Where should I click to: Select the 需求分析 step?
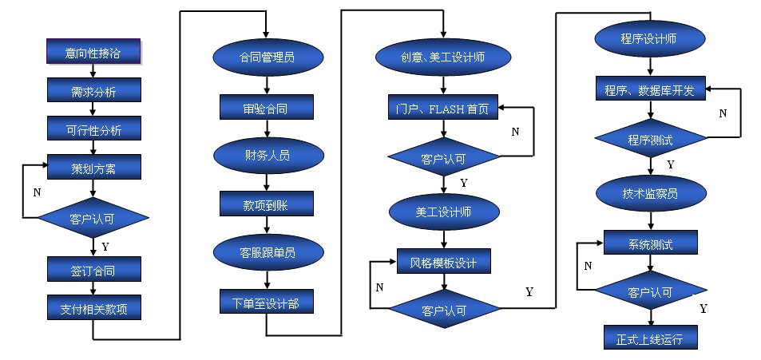(x=93, y=91)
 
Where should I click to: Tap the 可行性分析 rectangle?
(x=93, y=129)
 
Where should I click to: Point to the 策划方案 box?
(x=93, y=167)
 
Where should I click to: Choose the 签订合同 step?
(x=93, y=270)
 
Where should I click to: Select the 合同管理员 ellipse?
(x=267, y=57)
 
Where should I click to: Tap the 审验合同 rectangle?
(x=267, y=107)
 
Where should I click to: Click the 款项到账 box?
(x=267, y=204)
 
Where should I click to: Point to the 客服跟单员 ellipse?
(x=267, y=253)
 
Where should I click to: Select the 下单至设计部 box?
(x=267, y=302)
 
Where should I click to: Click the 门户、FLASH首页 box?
(x=443, y=107)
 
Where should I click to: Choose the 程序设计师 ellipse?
(x=650, y=38)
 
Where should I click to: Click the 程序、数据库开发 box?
(x=650, y=90)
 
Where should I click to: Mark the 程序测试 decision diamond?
(x=650, y=140)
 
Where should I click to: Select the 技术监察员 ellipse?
(x=650, y=192)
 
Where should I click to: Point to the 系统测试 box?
(x=650, y=243)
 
